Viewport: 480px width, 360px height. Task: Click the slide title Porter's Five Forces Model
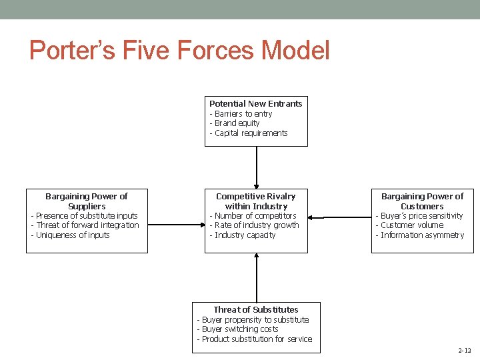[179, 50]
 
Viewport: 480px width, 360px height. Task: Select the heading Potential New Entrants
[255, 103]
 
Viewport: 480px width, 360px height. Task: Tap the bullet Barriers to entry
[241, 114]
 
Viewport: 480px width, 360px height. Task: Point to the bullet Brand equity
[235, 123]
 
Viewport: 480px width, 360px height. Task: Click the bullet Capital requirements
[249, 133]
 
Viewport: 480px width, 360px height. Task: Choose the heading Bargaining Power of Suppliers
[87, 201]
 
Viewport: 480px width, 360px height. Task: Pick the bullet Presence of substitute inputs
[85, 215]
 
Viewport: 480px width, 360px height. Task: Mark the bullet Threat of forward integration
[85, 225]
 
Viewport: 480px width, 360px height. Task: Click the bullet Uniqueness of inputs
[70, 235]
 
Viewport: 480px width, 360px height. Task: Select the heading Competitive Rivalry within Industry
[256, 201]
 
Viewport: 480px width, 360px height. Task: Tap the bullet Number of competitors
[253, 215]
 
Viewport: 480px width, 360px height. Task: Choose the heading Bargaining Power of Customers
[422, 201]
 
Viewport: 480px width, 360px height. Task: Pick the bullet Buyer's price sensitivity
[419, 215]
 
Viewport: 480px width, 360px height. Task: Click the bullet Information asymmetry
[420, 235]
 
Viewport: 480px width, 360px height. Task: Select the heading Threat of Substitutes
[256, 309]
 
